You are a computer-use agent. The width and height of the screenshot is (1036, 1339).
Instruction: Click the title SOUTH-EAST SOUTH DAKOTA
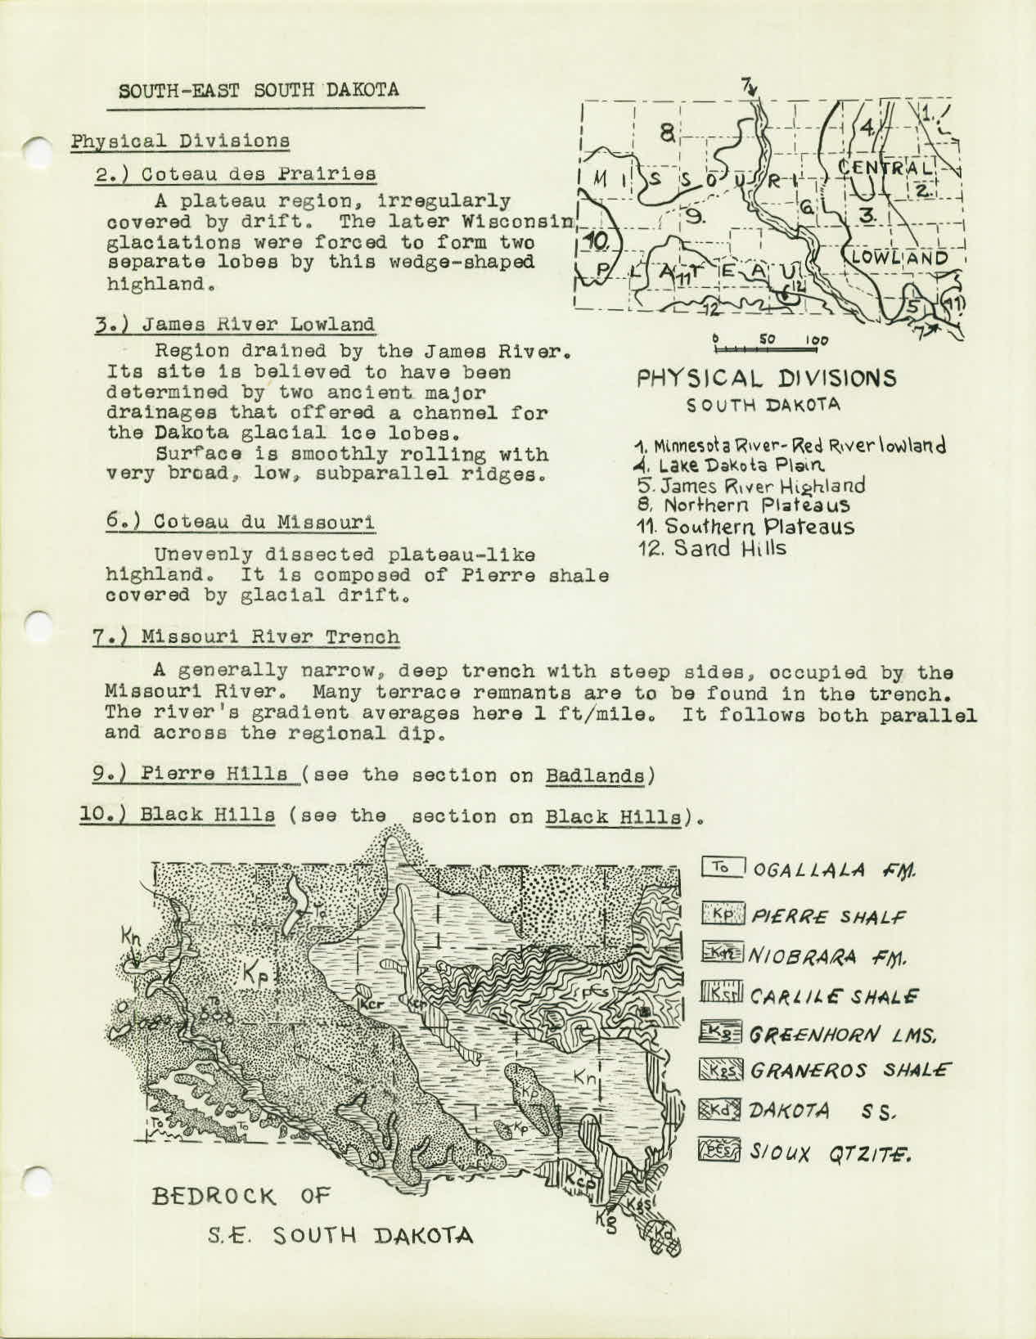tap(259, 89)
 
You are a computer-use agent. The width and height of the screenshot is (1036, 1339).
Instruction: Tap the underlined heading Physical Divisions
tap(180, 140)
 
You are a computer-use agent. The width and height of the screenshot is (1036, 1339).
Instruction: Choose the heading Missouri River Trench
tap(253, 636)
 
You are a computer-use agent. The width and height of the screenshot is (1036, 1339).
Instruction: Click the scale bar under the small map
tap(765, 348)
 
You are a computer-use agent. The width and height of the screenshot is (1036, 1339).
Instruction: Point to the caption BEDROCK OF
tap(240, 1197)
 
